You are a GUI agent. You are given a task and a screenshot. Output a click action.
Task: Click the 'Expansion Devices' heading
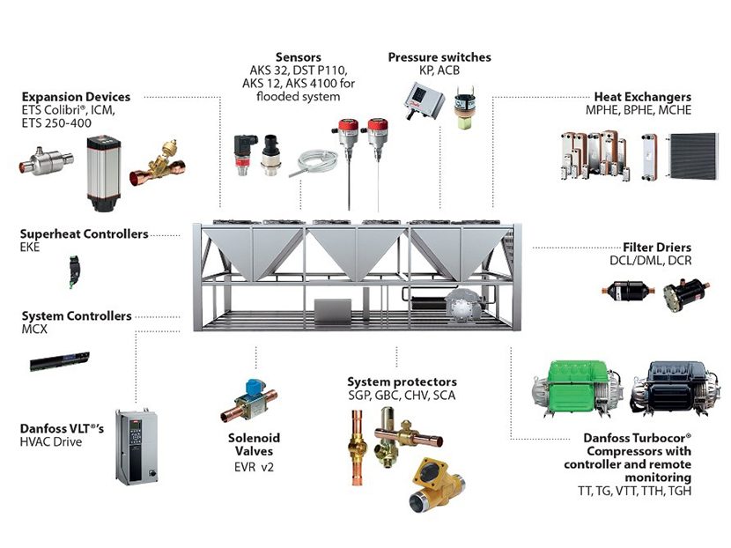tap(76, 96)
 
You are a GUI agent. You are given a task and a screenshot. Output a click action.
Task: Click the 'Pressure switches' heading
tap(439, 57)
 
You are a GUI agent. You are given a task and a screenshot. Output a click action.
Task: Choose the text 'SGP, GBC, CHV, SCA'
tap(402, 396)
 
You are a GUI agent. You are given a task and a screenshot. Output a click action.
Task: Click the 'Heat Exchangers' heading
tap(643, 96)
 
